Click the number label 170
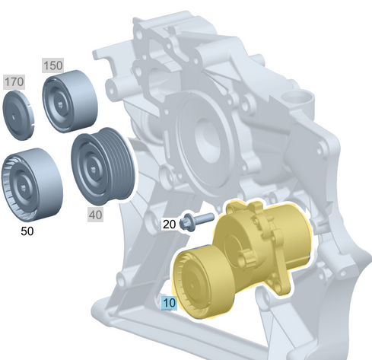tap(14, 81)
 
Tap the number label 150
tap(52, 65)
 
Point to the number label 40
tap(95, 215)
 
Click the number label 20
tap(169, 224)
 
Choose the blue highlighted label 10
tap(169, 303)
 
